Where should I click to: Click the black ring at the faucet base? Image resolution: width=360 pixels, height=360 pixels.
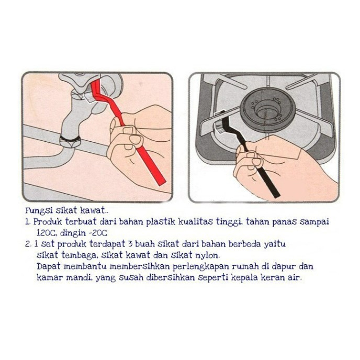[x=70, y=139]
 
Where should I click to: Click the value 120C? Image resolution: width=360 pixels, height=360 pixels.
[x=47, y=233]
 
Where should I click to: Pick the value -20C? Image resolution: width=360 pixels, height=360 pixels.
[x=98, y=233]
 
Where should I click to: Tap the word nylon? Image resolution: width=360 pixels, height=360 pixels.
[x=207, y=255]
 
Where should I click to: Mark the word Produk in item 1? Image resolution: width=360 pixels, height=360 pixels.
[x=48, y=221]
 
